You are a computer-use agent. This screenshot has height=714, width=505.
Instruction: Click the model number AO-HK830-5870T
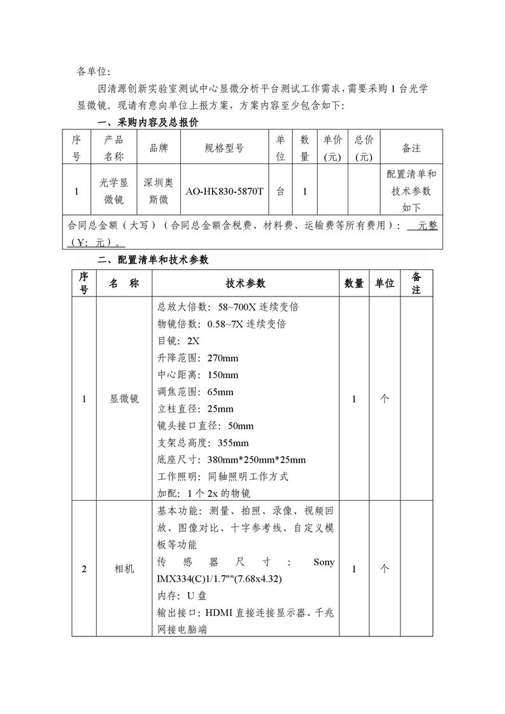click(x=224, y=191)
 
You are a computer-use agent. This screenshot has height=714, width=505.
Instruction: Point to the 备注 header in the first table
click(x=411, y=148)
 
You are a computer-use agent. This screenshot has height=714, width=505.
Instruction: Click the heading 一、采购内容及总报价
click(x=147, y=122)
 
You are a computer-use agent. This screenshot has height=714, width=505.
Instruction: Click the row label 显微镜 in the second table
click(x=124, y=399)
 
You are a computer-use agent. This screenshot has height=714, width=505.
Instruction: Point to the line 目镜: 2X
click(x=178, y=340)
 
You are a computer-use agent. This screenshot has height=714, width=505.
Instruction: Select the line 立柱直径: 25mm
click(x=195, y=409)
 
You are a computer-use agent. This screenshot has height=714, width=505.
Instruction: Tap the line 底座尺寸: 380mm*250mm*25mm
click(x=231, y=459)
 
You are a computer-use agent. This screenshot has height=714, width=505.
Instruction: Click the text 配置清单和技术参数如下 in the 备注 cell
click(x=411, y=191)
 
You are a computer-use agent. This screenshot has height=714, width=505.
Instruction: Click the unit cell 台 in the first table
click(x=280, y=191)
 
